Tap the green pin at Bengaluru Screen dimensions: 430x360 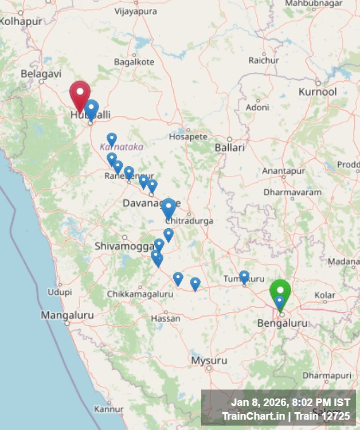280,291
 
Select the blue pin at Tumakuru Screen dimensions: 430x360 244,277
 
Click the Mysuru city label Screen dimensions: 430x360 209,361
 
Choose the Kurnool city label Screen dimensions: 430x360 318,92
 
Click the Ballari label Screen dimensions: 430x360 229,147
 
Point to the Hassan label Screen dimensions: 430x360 165,318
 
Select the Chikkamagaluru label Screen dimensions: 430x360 140,294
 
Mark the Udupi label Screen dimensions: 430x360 60,292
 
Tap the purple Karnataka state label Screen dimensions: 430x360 122,147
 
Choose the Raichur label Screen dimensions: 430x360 264,60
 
